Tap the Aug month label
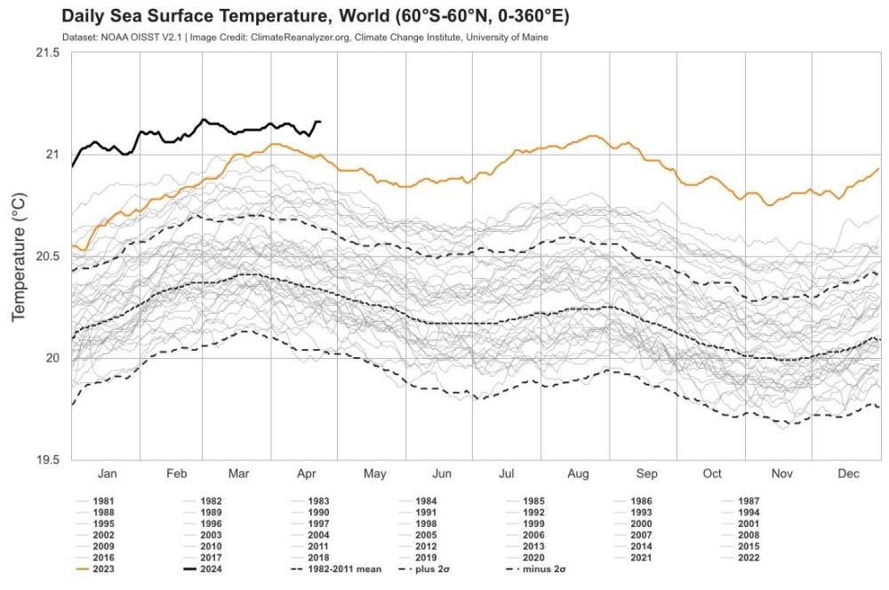pyautogui.click(x=579, y=474)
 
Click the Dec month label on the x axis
pyautogui.click(x=849, y=474)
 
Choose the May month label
pyautogui.click(x=374, y=474)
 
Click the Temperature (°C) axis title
pyautogui.click(x=19, y=256)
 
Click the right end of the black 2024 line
pyautogui.click(x=321, y=122)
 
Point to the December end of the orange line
pyautogui.click(x=879, y=168)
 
